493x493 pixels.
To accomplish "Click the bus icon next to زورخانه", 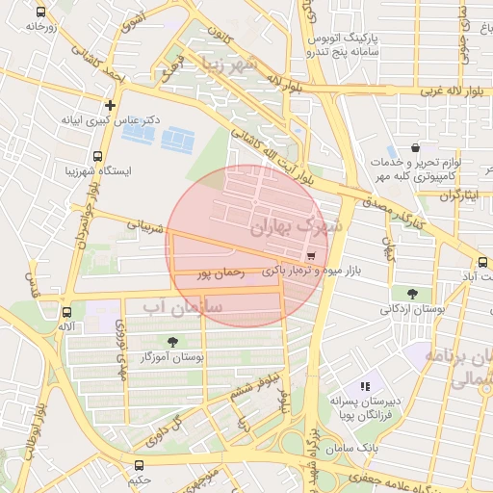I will click(39, 12).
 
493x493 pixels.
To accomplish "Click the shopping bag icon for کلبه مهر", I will click(415, 148).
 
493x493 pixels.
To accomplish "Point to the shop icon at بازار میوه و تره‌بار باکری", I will click(310, 256).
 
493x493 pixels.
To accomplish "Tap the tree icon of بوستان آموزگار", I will click(172, 342).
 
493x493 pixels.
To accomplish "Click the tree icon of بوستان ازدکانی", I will click(412, 294).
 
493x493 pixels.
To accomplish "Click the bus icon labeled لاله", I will click(66, 312).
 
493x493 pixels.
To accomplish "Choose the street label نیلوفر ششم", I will click(245, 387).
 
